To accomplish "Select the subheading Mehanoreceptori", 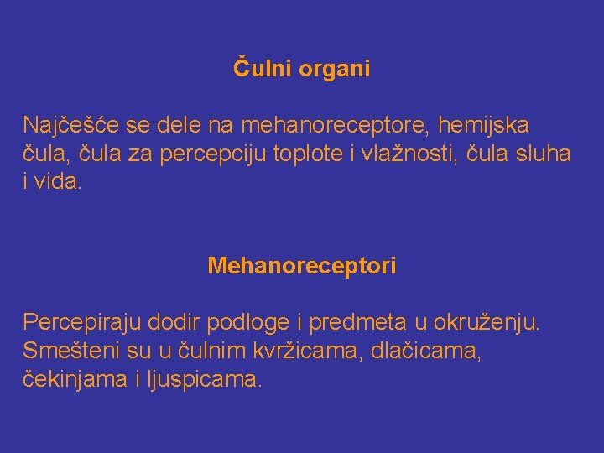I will [302, 267].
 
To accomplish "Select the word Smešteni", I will [70, 351].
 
